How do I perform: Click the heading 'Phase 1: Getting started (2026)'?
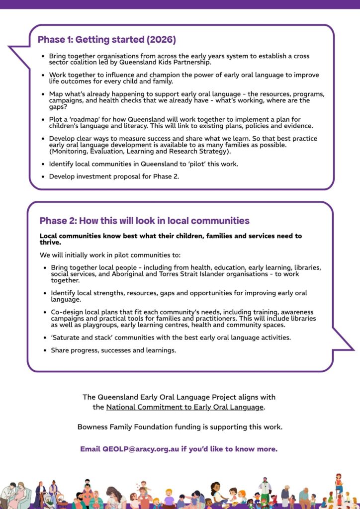(x=106, y=39)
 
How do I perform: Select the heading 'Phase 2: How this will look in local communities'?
(x=144, y=221)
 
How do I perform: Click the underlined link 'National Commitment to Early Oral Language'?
(x=184, y=407)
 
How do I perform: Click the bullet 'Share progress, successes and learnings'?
(x=113, y=350)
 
